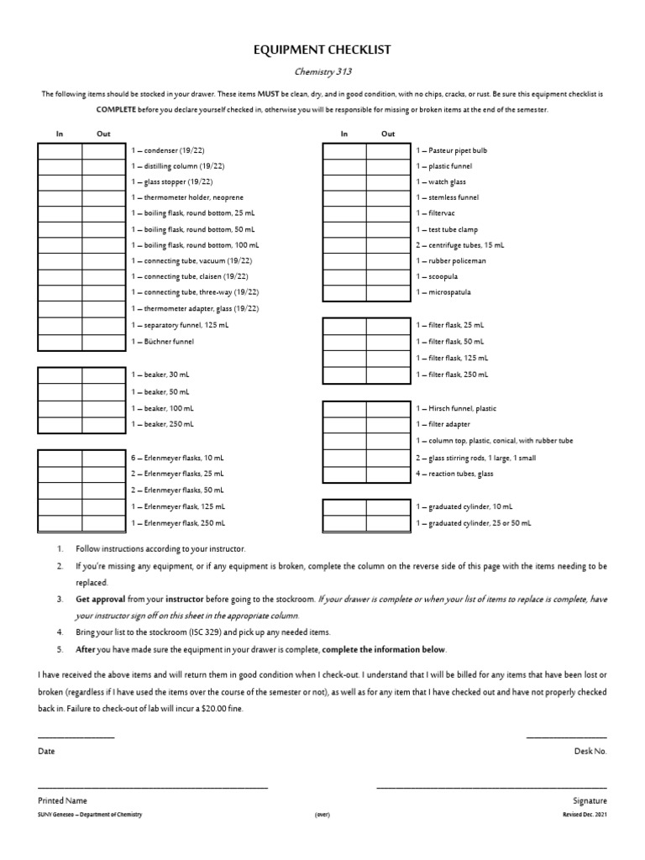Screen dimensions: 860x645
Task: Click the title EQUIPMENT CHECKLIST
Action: pos(322,51)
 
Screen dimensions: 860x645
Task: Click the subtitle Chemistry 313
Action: pos(322,72)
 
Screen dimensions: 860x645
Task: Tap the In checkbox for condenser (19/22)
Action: pos(60,150)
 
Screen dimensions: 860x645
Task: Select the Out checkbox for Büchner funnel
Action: pos(104,343)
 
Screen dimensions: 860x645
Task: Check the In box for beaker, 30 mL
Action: pos(60,375)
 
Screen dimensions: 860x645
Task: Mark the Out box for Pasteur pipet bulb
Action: pos(388,150)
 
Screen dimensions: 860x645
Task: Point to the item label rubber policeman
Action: pos(452,261)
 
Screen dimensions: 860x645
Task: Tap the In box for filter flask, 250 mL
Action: pos(344,375)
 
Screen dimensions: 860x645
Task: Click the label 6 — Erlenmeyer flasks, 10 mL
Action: pos(177,459)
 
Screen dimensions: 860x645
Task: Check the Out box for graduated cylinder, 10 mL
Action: pos(388,507)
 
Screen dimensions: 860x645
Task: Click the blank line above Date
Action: pos(76,737)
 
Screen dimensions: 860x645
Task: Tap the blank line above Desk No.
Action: pos(566,737)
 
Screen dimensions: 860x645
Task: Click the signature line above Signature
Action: pos(491,787)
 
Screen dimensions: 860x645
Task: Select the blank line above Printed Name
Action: pos(153,787)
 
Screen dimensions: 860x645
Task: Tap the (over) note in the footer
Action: pos(322,815)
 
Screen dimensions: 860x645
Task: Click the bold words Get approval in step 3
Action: pos(100,600)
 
